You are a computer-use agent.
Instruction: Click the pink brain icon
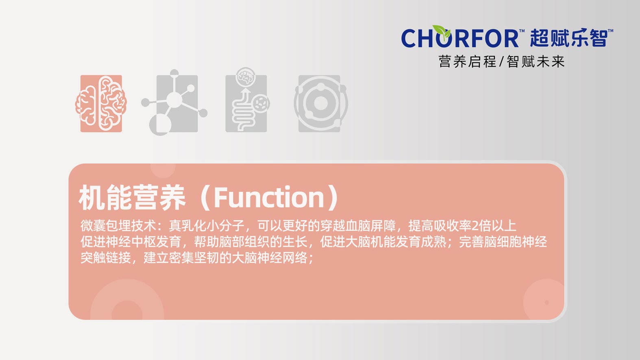click(101, 103)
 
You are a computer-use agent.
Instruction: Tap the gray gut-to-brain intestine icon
click(247, 100)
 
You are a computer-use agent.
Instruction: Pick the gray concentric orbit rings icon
click(320, 103)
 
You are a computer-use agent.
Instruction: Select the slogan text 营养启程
click(467, 61)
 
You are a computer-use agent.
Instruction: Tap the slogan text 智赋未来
click(536, 61)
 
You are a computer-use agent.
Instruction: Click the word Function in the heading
click(269, 197)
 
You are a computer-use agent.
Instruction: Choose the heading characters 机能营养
click(132, 198)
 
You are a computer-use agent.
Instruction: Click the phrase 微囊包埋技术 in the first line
click(118, 226)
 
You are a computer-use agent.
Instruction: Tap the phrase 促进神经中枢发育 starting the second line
click(131, 242)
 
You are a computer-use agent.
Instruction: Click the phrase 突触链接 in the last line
click(106, 257)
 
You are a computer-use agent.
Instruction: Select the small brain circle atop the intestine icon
click(246, 76)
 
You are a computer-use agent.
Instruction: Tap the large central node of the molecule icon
click(174, 100)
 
